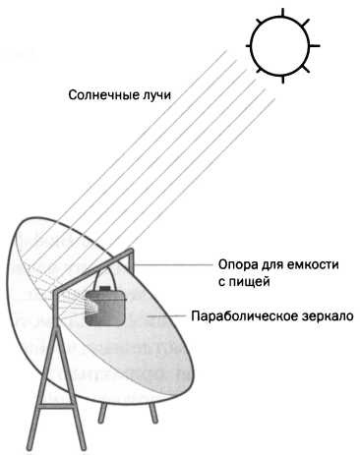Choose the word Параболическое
(249, 316)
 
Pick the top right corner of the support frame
(132, 254)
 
